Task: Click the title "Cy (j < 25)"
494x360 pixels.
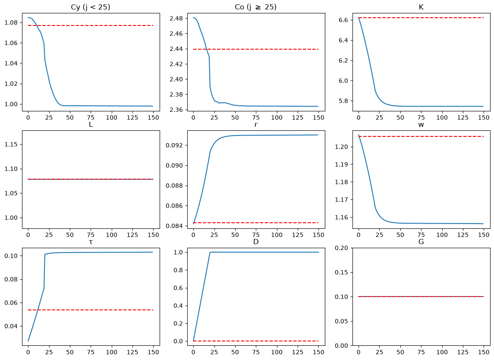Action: point(91,7)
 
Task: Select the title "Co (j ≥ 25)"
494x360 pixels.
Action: point(255,7)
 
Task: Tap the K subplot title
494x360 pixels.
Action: point(421,7)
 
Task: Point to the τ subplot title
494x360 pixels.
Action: point(91,242)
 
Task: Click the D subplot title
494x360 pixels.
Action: point(256,242)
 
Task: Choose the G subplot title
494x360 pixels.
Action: point(421,242)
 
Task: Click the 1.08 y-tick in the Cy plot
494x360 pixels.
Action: point(11,23)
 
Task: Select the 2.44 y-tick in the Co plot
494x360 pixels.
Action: point(176,49)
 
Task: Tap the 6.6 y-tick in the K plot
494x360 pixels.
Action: point(343,20)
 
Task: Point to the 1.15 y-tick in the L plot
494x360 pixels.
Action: point(11,144)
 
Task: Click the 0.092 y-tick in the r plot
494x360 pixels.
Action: point(175,145)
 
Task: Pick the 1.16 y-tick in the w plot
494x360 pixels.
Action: point(341,218)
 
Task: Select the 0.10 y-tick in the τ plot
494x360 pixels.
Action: point(11,256)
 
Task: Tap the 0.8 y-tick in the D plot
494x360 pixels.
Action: point(178,270)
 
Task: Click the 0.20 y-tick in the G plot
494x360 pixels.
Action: point(341,248)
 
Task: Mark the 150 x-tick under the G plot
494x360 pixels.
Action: point(484,352)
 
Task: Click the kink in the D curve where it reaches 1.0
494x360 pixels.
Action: point(210,252)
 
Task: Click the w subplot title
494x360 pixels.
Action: point(421,125)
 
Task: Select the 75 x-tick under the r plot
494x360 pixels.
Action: point(256,235)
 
